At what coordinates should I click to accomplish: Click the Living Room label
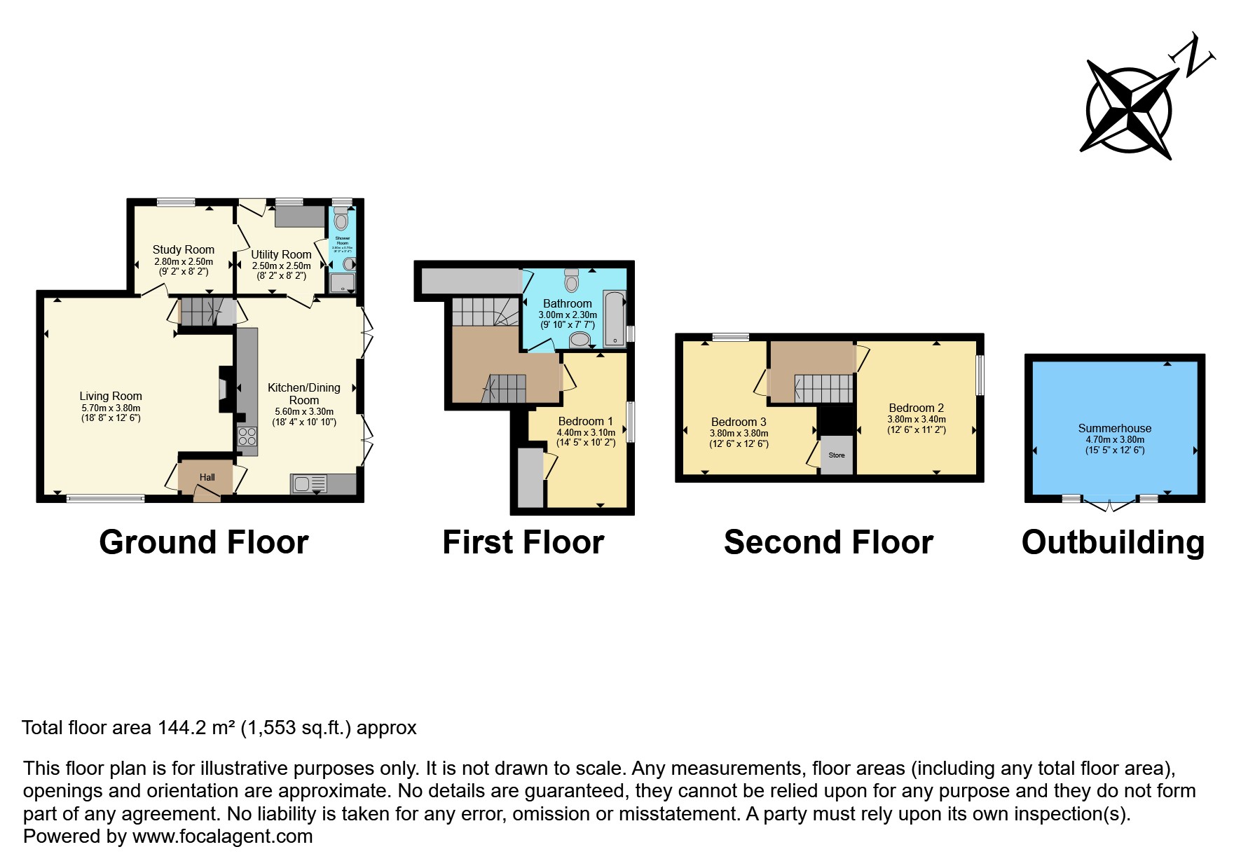coord(111,396)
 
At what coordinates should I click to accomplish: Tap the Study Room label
coord(184,249)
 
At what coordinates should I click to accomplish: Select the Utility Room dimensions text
coord(281,266)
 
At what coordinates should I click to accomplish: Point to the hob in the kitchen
coord(247,436)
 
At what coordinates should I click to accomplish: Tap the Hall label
coord(207,477)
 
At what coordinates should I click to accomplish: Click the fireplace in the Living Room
coord(225,389)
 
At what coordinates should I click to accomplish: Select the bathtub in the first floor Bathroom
coord(615,319)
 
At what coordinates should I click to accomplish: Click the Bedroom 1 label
coord(585,421)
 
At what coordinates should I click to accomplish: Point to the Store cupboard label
coord(837,455)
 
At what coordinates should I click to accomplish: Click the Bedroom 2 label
coord(916,408)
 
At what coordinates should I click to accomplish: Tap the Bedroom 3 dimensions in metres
coord(739,433)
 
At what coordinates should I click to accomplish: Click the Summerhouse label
coord(1114,428)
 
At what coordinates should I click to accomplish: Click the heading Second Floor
coord(828,542)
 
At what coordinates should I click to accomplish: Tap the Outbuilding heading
coord(1113,542)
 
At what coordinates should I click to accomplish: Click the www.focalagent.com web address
coord(222,836)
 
